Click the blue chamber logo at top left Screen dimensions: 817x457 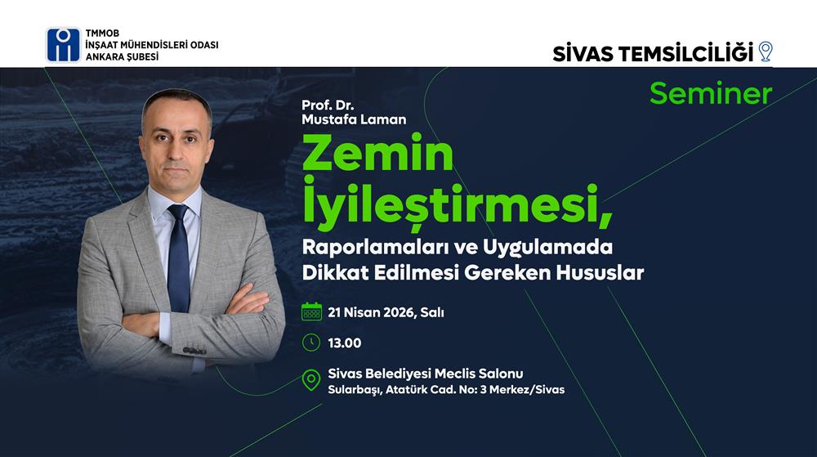(x=64, y=45)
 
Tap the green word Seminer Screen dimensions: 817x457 (x=711, y=94)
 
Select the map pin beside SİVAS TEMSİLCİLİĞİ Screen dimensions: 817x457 (x=765, y=52)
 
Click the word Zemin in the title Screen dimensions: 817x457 (x=377, y=153)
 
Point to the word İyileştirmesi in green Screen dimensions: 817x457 (x=457, y=204)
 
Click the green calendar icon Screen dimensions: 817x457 (x=311, y=311)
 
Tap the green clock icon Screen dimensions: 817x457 (x=311, y=343)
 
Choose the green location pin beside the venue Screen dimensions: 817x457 (x=311, y=380)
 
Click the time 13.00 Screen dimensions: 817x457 (x=345, y=343)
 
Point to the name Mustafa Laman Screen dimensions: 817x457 (x=354, y=119)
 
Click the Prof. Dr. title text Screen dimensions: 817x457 (x=328, y=105)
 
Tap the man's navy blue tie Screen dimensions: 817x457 (x=178, y=258)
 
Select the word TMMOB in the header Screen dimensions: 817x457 (x=103, y=34)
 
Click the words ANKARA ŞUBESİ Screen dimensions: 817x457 (x=122, y=56)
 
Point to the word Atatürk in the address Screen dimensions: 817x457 (x=406, y=390)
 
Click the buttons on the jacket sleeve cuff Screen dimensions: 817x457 (x=194, y=351)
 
